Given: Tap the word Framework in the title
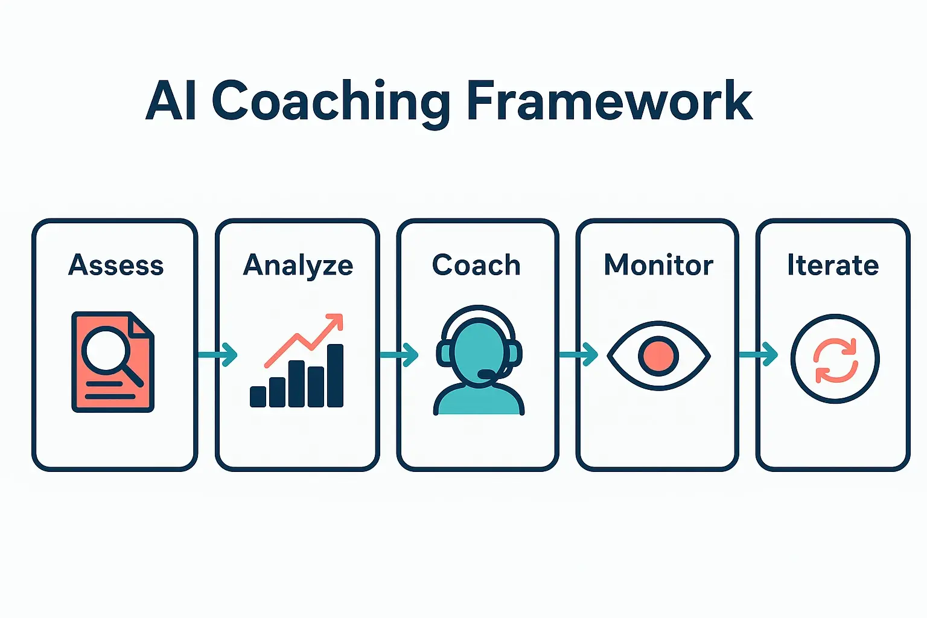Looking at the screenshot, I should coord(610,101).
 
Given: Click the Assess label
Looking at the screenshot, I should coord(116,266).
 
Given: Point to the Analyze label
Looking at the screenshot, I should coord(298,266).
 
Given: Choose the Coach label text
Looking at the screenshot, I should coord(476,266).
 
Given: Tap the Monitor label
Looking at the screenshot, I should coord(658,266).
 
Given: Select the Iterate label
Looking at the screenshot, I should coord(833,266).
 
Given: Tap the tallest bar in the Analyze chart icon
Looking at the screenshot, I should coord(335,375).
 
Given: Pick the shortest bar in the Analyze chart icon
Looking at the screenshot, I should coord(258,397).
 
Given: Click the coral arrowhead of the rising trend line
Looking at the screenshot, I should coord(335,322).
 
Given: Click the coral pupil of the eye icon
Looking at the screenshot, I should coord(658,356).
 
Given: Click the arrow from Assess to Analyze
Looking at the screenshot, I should coord(218,354).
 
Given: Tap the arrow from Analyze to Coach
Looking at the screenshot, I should coord(400,354).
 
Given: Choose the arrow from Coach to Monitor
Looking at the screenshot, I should coord(579,354).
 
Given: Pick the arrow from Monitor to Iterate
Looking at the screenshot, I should coord(759,354).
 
